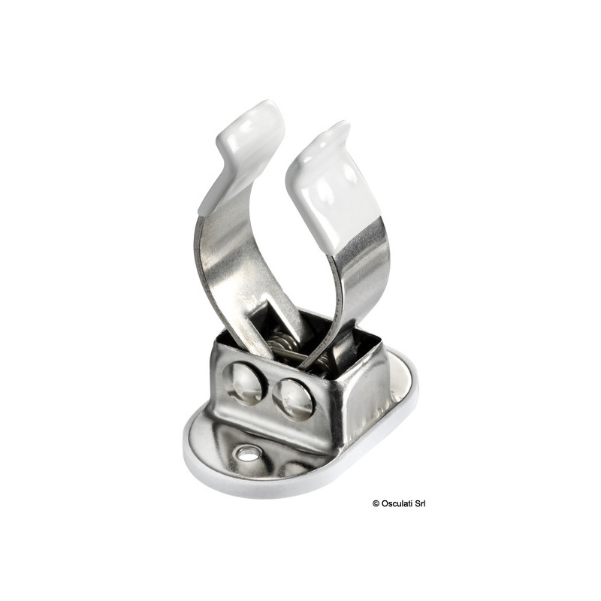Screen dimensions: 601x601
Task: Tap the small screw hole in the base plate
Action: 246,454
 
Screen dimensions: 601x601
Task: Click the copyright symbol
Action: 375,503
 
